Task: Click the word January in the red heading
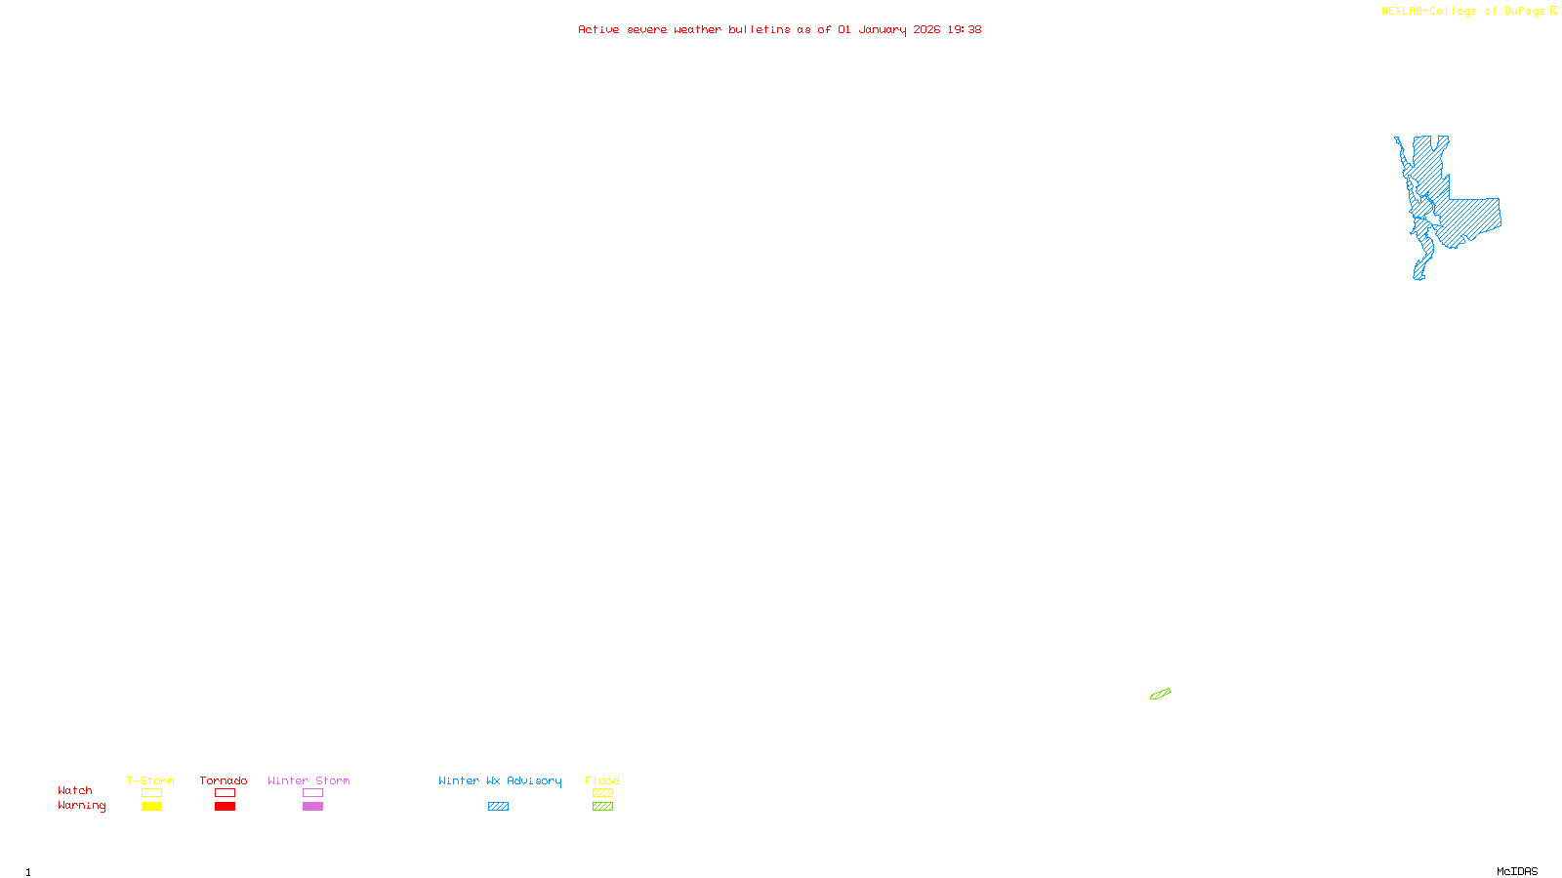coord(882,29)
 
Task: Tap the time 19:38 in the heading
coord(964,29)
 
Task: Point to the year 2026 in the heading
coord(926,29)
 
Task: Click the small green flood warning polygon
coord(1160,695)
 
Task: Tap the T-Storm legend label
coord(150,780)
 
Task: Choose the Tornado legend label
coord(224,780)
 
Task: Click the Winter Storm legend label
coord(308,780)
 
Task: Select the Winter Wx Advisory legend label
coord(500,780)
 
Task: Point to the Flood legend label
coord(602,780)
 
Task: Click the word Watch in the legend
coord(75,790)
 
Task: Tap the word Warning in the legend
coord(81,806)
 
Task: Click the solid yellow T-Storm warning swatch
coord(151,807)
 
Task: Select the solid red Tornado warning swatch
coord(225,807)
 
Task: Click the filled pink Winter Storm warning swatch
coord(312,807)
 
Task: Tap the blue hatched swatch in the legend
coord(498,807)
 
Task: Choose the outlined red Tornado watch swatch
coord(225,793)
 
